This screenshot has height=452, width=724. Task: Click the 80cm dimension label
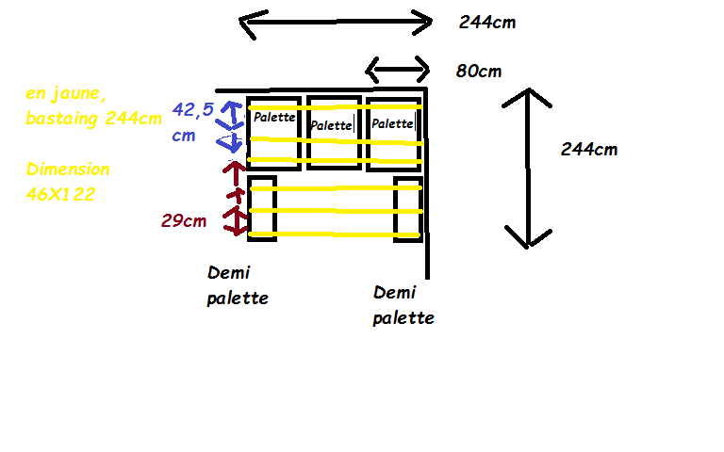(480, 72)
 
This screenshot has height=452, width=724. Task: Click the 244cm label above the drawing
(487, 23)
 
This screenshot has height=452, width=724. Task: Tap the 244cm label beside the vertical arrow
(589, 149)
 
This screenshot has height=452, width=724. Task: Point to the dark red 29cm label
(185, 221)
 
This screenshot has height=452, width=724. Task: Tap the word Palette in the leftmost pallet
(274, 118)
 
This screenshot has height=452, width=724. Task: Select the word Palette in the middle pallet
(331, 125)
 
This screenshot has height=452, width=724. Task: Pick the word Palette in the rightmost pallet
(392, 123)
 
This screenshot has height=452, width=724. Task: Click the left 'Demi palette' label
(238, 285)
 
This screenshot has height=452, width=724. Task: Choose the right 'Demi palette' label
(403, 305)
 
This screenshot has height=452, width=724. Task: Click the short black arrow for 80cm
(397, 70)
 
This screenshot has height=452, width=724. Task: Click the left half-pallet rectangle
(262, 208)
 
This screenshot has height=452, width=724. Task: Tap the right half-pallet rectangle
(408, 208)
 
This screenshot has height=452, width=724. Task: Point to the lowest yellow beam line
(335, 234)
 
